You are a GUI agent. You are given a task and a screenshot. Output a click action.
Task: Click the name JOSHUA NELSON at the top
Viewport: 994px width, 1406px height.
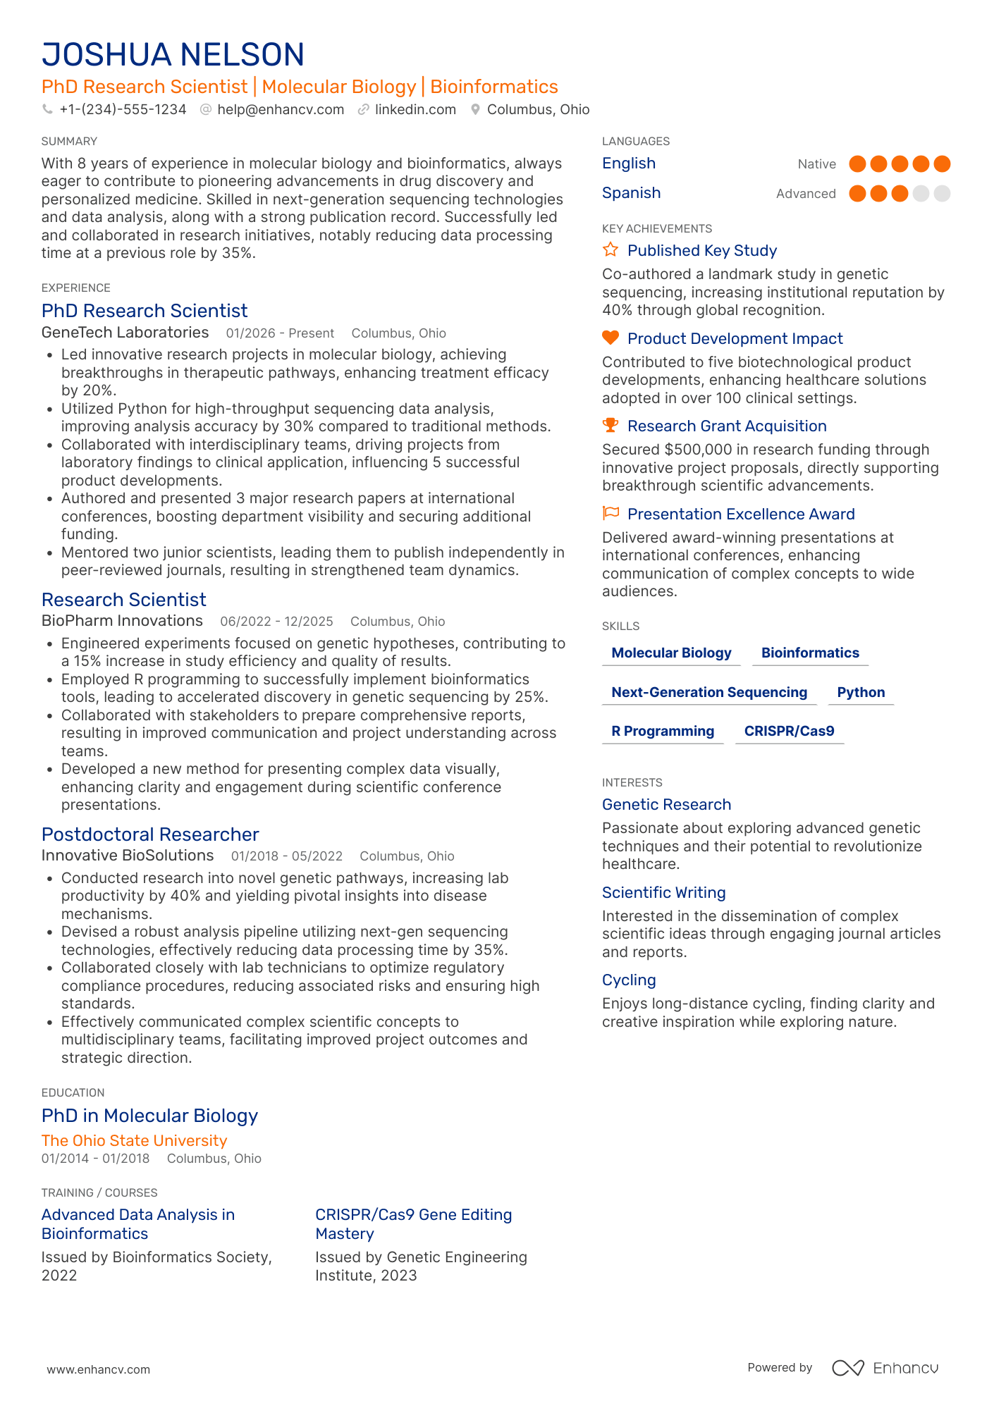click(173, 55)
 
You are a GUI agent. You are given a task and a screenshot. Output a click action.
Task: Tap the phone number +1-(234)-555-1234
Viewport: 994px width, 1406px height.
click(123, 110)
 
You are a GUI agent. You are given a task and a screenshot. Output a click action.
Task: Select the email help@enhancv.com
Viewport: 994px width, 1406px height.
click(281, 110)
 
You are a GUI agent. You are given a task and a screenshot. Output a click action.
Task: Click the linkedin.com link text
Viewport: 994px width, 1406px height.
click(415, 110)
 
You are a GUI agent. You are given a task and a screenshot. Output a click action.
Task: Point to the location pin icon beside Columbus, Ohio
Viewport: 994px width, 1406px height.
click(475, 110)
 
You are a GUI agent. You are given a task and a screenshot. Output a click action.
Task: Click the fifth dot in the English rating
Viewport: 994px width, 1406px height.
click(942, 164)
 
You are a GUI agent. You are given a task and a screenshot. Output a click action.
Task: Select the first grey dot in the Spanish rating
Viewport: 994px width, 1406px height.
click(921, 194)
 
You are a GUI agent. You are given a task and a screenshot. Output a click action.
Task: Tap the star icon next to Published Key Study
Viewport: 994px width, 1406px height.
click(610, 250)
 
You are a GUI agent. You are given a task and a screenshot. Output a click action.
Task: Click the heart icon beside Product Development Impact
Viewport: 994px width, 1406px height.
click(610, 338)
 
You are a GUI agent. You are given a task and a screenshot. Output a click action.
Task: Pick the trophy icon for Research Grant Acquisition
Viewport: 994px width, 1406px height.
click(610, 426)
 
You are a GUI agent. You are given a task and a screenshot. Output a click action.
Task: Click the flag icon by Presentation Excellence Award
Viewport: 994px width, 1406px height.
click(610, 513)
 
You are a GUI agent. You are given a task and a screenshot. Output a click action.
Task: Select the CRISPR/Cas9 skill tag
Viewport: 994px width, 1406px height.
click(789, 732)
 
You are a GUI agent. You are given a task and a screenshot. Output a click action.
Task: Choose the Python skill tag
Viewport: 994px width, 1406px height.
click(861, 693)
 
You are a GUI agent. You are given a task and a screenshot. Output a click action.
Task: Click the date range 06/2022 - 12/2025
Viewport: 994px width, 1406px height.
click(276, 622)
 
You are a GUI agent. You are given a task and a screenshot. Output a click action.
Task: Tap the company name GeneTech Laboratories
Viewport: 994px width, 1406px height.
click(125, 333)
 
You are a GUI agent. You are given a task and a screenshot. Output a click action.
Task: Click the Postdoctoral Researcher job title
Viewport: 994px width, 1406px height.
click(150, 834)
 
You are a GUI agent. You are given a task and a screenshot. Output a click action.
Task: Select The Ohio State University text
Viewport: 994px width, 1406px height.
click(134, 1141)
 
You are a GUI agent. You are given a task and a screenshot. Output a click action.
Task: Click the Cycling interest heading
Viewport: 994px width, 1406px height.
click(629, 980)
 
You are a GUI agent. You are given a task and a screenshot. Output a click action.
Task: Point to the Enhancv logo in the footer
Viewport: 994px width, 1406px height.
click(885, 1368)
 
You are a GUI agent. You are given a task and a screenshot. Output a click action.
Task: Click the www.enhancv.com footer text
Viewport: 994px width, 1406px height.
click(99, 1369)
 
